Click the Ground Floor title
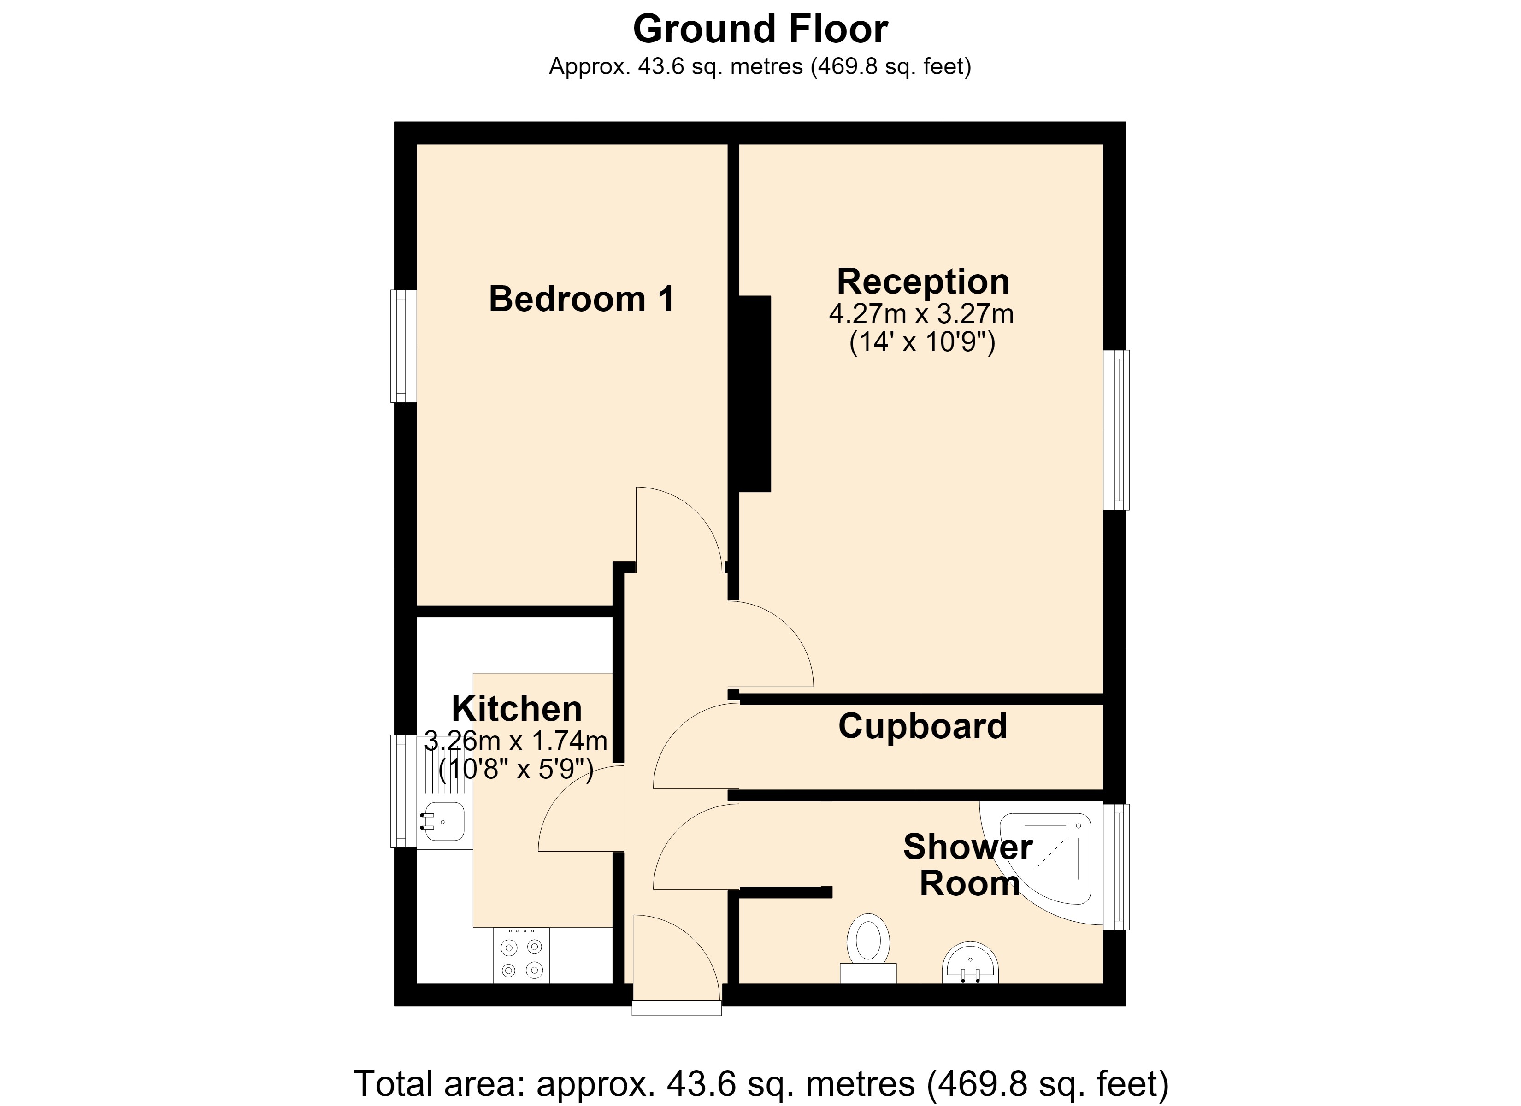[x=760, y=29]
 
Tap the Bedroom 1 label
[x=582, y=299]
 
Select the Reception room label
[x=923, y=282]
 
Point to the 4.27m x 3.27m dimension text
[x=921, y=314]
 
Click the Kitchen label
[x=517, y=708]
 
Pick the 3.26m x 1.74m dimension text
[x=516, y=741]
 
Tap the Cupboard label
[x=923, y=726]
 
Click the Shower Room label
[x=968, y=865]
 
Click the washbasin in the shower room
[x=970, y=964]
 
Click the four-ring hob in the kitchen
[x=521, y=956]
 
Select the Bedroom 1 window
[x=404, y=346]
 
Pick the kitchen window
[x=404, y=791]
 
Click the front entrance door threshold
[x=677, y=1008]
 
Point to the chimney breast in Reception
[x=755, y=394]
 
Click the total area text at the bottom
[x=761, y=1084]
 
